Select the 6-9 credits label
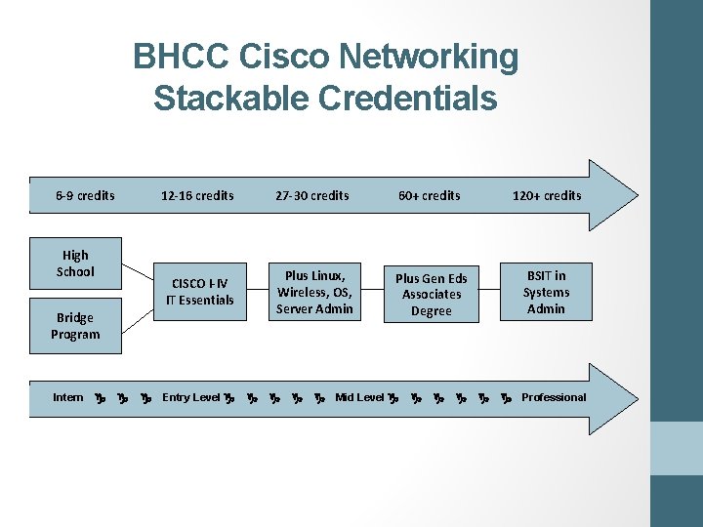pos(85,195)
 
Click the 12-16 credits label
pos(197,195)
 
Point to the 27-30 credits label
pos(312,195)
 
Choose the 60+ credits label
pos(429,195)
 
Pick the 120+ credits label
pos(547,195)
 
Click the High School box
pos(75,263)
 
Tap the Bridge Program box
pos(75,326)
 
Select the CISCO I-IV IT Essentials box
pos(200,292)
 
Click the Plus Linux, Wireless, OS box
pos(314,291)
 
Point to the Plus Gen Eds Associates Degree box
pos(432,294)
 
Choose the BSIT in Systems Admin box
pos(546,292)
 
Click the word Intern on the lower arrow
pos(68,397)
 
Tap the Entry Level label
pos(190,397)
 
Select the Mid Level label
pos(359,397)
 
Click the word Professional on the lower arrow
pos(554,397)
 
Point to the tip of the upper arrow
pos(635,195)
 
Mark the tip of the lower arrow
pos(635,397)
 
